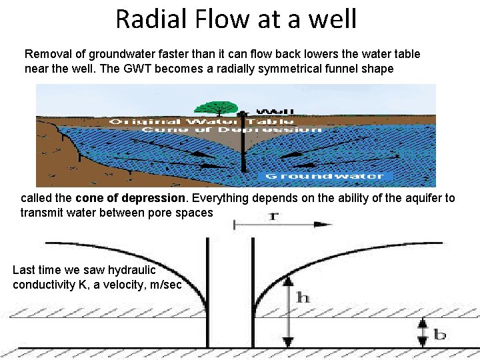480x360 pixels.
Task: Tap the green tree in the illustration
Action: click(x=217, y=107)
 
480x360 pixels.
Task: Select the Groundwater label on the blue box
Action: click(x=325, y=176)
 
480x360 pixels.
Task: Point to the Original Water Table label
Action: click(x=201, y=121)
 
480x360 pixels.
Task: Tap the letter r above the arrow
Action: click(x=273, y=215)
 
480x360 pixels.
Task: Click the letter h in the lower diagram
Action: click(x=303, y=298)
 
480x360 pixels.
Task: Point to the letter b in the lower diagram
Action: click(x=440, y=333)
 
